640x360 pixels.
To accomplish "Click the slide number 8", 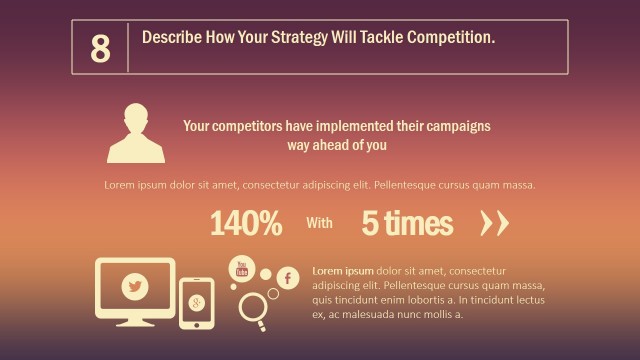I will click(100, 48).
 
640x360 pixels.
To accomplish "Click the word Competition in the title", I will click(449, 38).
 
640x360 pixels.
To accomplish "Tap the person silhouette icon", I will click(136, 133).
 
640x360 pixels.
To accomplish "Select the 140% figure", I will click(246, 224).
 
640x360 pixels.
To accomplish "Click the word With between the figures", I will click(319, 224).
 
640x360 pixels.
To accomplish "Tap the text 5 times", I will click(407, 224).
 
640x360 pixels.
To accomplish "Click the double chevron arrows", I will click(494, 224).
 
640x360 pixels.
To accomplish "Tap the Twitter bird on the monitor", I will click(134, 287).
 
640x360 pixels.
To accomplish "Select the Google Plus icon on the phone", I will click(197, 302).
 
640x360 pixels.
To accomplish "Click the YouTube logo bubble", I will click(241, 268).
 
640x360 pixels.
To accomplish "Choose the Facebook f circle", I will click(288, 278).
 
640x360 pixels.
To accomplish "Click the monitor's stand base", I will click(134, 325).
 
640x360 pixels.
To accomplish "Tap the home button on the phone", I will click(197, 323).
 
